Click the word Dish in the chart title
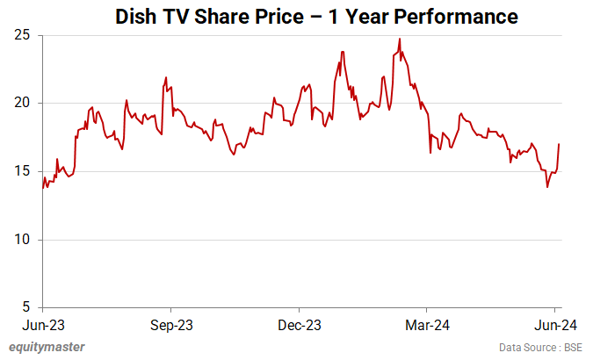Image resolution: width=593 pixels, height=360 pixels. [x=139, y=16]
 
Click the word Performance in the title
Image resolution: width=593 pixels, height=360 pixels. [x=443, y=16]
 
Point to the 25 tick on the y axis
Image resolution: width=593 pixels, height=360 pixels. [x=23, y=35]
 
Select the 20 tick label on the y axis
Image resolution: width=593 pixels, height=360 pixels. [x=23, y=103]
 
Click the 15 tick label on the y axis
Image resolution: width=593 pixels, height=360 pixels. [x=23, y=171]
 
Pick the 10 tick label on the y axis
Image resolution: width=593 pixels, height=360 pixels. [x=23, y=240]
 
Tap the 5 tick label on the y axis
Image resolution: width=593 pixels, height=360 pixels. [x=26, y=307]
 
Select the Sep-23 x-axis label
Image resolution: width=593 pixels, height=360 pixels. [x=171, y=325]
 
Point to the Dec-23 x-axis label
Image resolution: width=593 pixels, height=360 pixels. [x=299, y=325]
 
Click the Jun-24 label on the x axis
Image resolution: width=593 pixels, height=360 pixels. [x=554, y=325]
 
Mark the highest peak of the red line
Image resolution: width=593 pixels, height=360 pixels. [x=400, y=39]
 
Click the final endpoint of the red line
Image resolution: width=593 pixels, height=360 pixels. [x=560, y=144]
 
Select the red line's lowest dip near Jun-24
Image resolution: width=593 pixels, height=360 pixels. [x=547, y=187]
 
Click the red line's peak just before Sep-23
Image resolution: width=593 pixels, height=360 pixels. [x=166, y=77]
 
